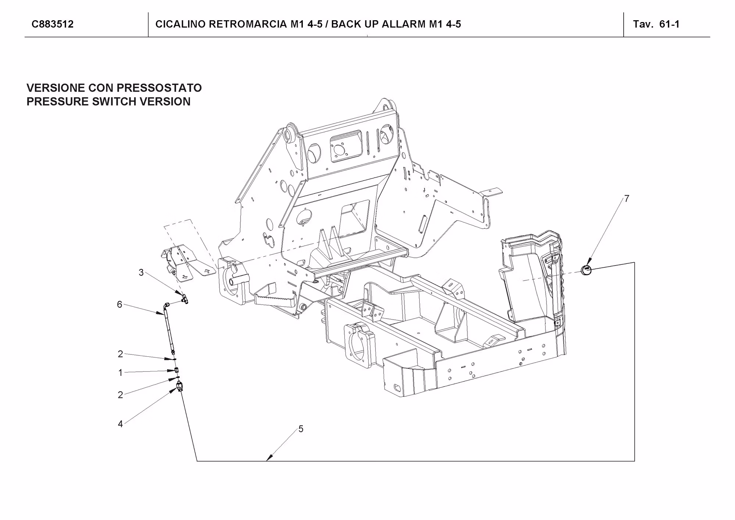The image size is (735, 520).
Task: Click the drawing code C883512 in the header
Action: point(53,24)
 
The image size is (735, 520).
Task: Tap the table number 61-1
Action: point(669,24)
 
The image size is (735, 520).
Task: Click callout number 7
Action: point(627,199)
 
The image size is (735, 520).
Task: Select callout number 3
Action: point(141,273)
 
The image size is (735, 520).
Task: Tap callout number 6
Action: point(119,304)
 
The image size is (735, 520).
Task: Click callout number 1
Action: point(120,373)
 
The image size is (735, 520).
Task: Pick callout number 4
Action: point(120,424)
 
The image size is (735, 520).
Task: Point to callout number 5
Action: point(301,429)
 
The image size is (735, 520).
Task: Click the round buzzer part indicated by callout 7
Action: point(586,270)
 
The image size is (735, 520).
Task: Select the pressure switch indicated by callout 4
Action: point(180,387)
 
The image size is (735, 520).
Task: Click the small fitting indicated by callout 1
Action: point(177,370)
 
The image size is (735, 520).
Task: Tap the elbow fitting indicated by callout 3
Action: point(184,298)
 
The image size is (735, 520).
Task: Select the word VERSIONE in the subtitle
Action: point(55,88)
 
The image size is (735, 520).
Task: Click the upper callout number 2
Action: point(120,354)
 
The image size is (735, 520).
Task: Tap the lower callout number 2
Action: point(120,395)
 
